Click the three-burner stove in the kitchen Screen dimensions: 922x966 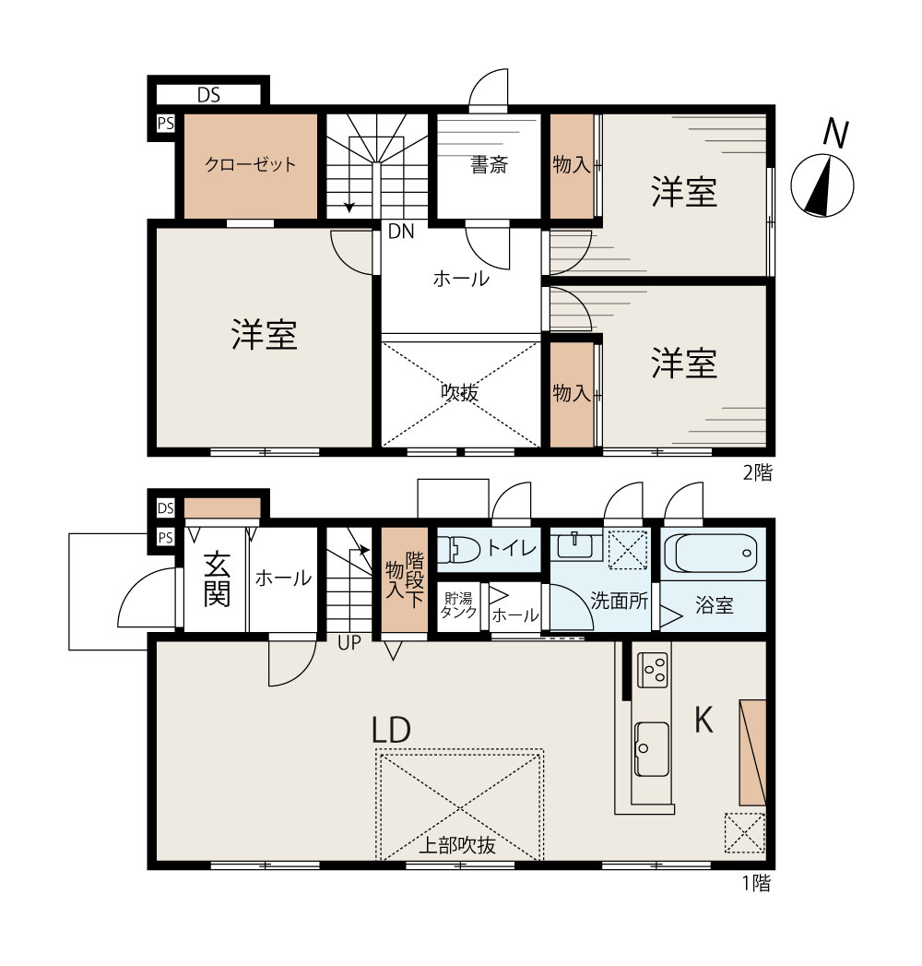(x=653, y=668)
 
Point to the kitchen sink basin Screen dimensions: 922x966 (x=652, y=749)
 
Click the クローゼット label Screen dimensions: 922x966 (x=250, y=164)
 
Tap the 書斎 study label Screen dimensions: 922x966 (x=489, y=164)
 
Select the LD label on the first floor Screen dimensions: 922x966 (x=391, y=730)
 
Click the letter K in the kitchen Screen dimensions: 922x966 (x=703, y=720)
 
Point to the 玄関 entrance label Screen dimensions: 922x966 (x=217, y=579)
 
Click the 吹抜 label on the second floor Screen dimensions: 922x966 (x=460, y=392)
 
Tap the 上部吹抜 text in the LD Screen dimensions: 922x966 (x=457, y=844)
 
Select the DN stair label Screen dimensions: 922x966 (x=401, y=232)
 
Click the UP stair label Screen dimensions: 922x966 (x=349, y=643)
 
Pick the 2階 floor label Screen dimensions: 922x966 (x=758, y=472)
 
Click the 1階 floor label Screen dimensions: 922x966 (x=756, y=884)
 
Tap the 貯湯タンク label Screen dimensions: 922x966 (x=458, y=604)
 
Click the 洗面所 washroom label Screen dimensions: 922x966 (x=620, y=601)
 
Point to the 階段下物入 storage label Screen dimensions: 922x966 (x=405, y=579)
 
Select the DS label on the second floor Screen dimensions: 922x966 (x=208, y=95)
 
